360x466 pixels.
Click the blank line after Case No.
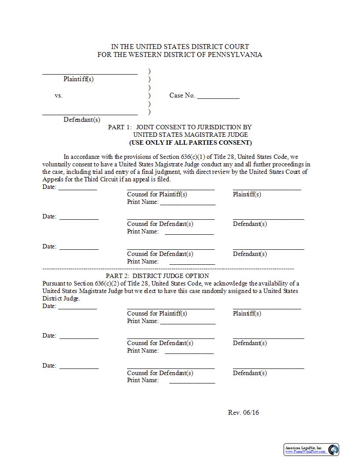click(x=218, y=98)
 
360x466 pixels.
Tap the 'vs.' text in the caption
click(x=59, y=95)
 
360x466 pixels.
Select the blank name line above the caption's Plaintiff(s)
click(x=90, y=74)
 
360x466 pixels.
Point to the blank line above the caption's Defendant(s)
click(x=90, y=114)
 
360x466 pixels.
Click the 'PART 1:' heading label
click(x=120, y=127)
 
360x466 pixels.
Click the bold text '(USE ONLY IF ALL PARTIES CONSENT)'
click(x=190, y=143)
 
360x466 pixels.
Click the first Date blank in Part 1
click(x=77, y=189)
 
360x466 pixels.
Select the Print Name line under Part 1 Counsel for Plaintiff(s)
click(x=187, y=204)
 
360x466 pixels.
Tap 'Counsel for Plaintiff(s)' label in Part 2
click(x=157, y=313)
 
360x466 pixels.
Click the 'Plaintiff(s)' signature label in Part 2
click(x=247, y=313)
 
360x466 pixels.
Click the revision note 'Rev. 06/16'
click(x=243, y=413)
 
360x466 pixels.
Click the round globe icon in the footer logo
click(x=334, y=450)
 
